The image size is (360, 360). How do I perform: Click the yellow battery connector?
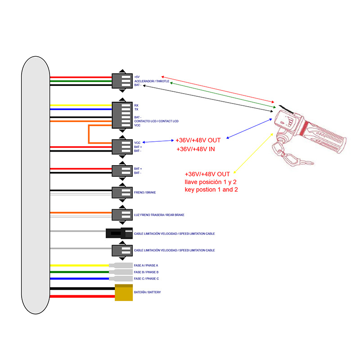pyautogui.click(x=124, y=293)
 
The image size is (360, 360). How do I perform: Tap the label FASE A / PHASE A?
pyautogui.click(x=146, y=265)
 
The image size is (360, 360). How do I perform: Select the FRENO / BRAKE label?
pyautogui.click(x=145, y=192)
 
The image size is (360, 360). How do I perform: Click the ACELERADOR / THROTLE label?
pyautogui.click(x=152, y=81)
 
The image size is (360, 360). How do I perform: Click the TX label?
pyautogui.click(x=136, y=109)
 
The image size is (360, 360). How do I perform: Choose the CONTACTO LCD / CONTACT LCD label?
pyautogui.click(x=156, y=121)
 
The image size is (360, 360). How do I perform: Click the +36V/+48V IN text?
pyautogui.click(x=195, y=149)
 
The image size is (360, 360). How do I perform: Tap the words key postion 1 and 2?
pyautogui.click(x=211, y=190)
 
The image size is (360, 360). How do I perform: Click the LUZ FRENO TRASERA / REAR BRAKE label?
pyautogui.click(x=159, y=215)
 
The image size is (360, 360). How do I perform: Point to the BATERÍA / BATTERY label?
pyautogui.click(x=147, y=292)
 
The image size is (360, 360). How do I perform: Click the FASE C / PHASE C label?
pyautogui.click(x=146, y=279)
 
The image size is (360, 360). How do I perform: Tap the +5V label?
pyautogui.click(x=137, y=77)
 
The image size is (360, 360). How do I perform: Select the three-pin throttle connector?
pyautogui.click(x=122, y=81)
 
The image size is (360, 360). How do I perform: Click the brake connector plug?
pyautogui.click(x=122, y=193)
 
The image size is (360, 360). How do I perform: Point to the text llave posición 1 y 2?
pyautogui.click(x=211, y=182)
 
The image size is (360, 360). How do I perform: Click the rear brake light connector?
pyautogui.click(x=122, y=215)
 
